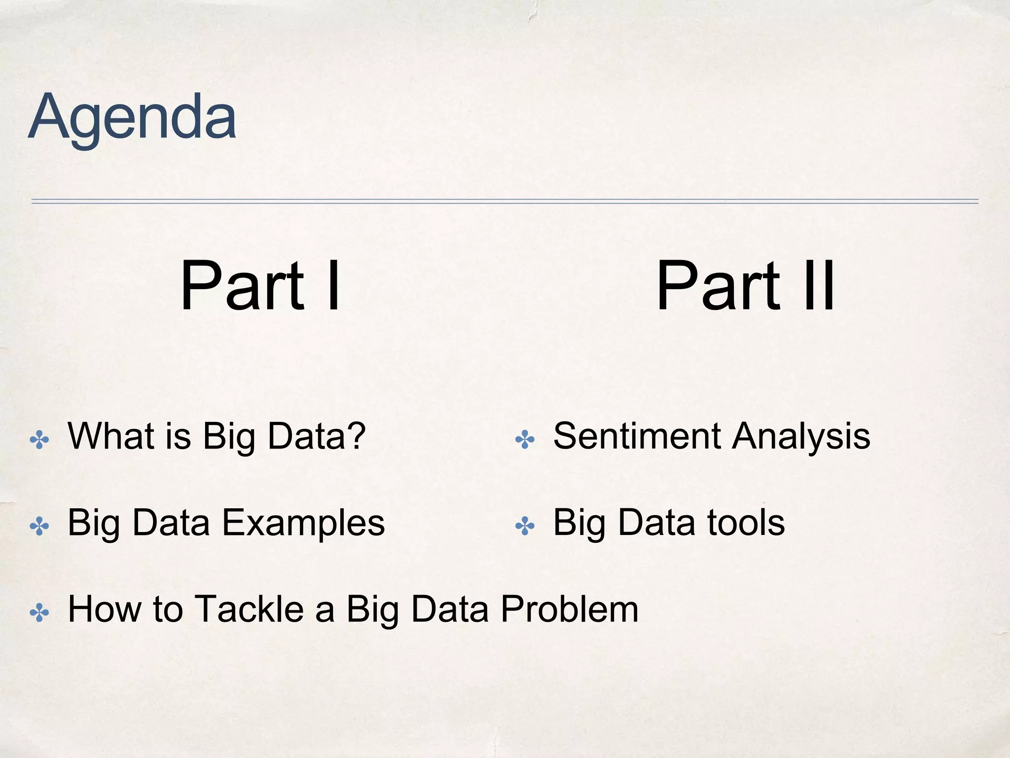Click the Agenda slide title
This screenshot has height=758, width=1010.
click(x=132, y=117)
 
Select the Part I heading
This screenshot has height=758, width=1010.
click(x=260, y=286)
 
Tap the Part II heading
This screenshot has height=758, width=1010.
click(x=746, y=286)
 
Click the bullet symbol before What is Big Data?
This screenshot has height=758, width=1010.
click(x=39, y=439)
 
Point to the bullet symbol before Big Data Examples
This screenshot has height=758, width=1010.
click(x=39, y=526)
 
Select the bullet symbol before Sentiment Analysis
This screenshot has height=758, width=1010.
click(x=525, y=439)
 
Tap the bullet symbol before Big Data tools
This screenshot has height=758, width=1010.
click(x=525, y=526)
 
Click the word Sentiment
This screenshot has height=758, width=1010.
click(x=637, y=436)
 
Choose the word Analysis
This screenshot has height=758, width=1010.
click(x=801, y=437)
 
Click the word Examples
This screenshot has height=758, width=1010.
click(x=303, y=523)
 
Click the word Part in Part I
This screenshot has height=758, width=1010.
click(x=242, y=286)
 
